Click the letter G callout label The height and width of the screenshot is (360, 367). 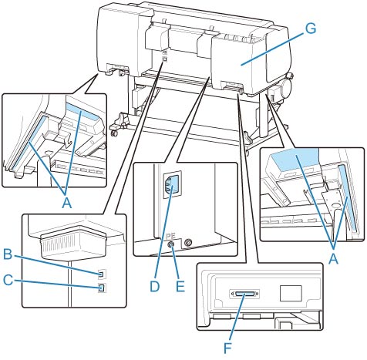(311, 29)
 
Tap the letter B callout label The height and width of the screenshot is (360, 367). (8, 255)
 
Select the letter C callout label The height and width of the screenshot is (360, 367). (8, 280)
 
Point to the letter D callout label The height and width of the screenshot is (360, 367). (155, 286)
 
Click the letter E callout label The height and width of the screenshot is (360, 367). (180, 286)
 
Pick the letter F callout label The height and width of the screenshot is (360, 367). (227, 348)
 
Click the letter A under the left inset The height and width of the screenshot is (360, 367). (67, 204)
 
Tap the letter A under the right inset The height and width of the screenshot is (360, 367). (333, 259)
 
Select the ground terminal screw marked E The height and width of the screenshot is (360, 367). (170, 244)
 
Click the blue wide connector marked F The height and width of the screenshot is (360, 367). (244, 294)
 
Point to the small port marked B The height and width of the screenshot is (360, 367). (102, 274)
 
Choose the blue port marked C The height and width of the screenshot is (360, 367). (102, 288)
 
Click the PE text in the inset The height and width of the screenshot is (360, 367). (170, 236)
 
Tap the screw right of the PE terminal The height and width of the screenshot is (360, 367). (188, 242)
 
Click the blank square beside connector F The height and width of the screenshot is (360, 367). (291, 293)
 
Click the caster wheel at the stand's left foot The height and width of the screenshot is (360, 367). (115, 133)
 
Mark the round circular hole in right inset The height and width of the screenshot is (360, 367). (335, 206)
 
